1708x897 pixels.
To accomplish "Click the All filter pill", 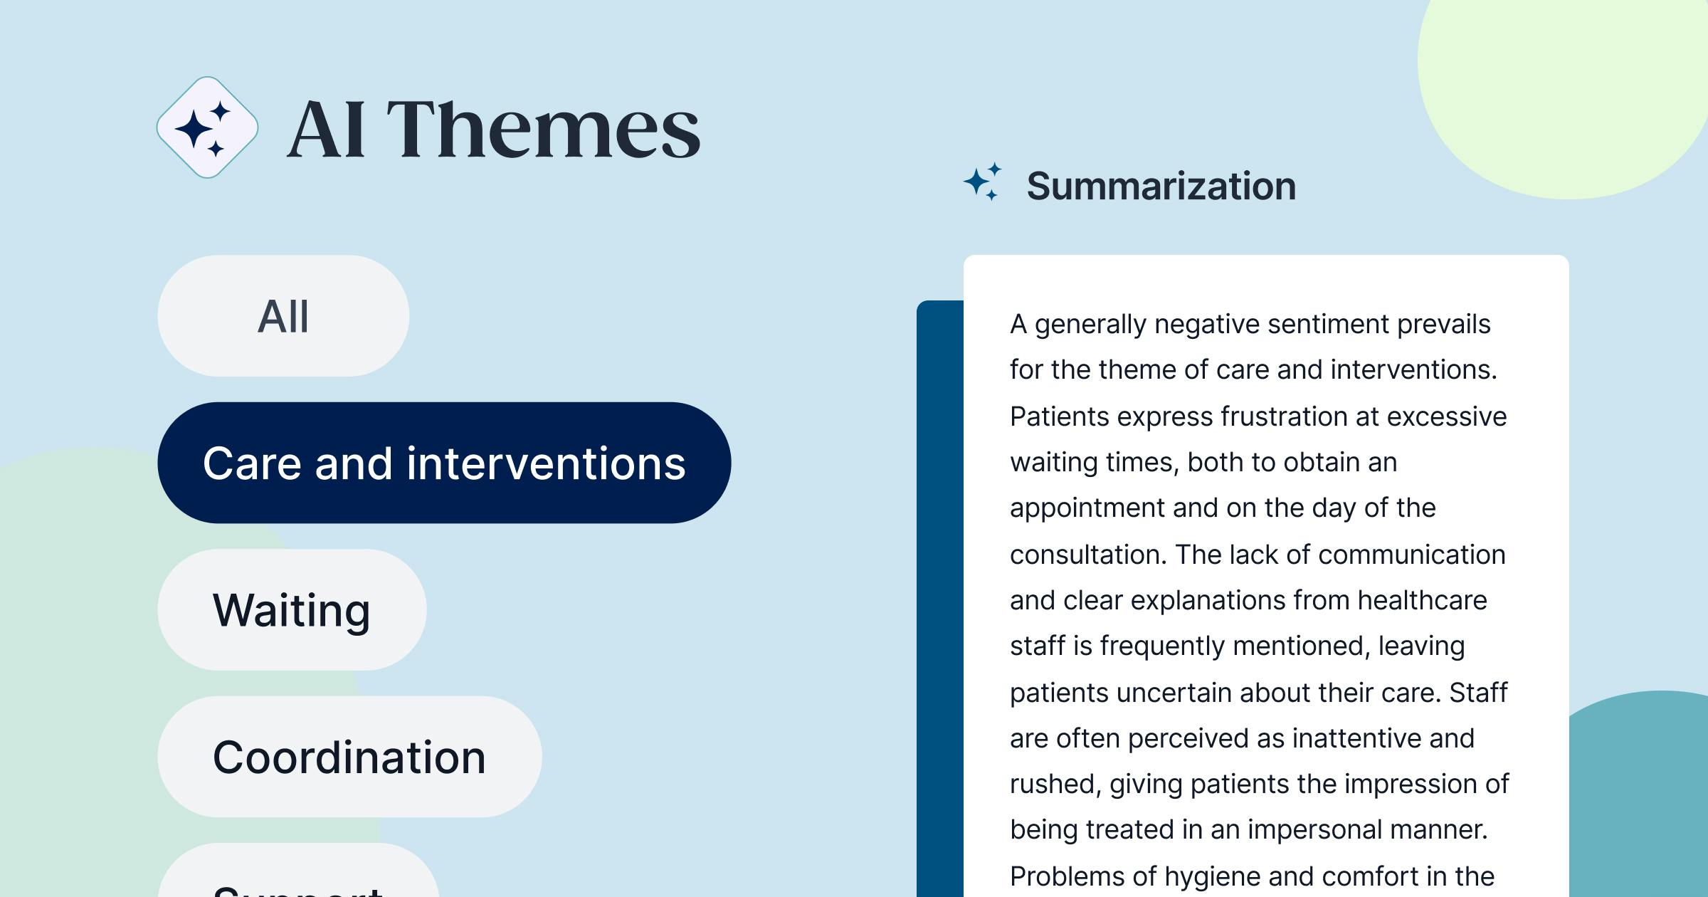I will (x=283, y=316).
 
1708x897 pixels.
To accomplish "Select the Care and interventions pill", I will (x=444, y=463).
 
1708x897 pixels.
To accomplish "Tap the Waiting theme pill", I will (x=292, y=610).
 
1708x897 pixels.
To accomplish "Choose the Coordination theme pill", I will (x=349, y=757).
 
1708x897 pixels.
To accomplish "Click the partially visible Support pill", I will (x=299, y=883).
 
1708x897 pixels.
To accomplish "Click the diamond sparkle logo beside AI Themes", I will (x=207, y=127).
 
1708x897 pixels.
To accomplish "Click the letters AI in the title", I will (x=327, y=129).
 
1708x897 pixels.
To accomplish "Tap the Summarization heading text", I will (x=1161, y=187).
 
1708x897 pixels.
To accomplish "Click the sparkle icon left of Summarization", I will (x=983, y=182).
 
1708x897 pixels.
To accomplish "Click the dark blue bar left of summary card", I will (x=939, y=598).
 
